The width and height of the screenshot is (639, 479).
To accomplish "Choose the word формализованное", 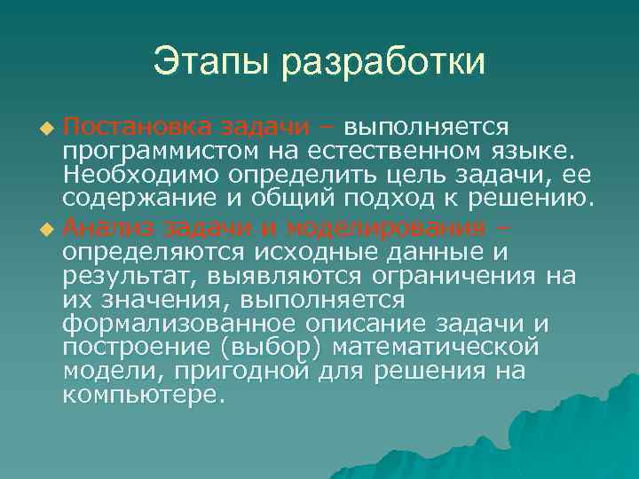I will click(x=178, y=323).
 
